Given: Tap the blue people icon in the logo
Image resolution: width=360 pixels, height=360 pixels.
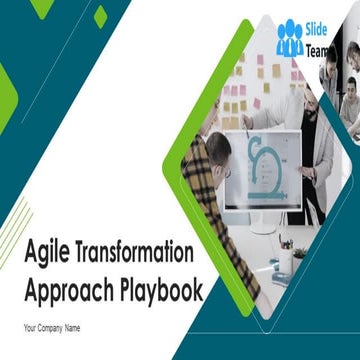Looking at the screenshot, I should tap(290, 38).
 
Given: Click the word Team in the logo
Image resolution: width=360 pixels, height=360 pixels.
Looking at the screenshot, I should tap(319, 49).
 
